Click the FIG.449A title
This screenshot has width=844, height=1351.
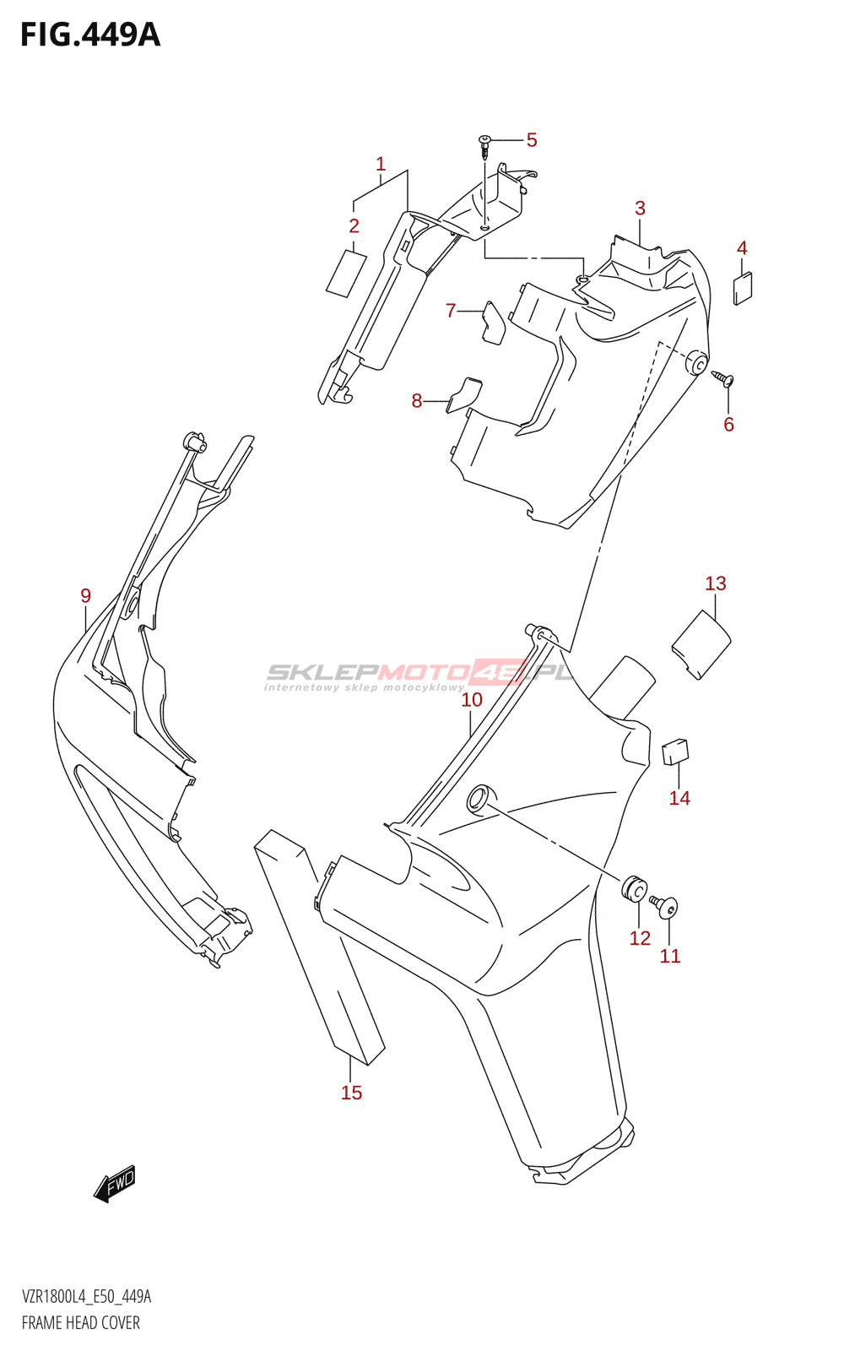[89, 35]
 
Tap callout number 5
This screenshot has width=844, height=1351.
[531, 140]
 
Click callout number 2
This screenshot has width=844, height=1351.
[354, 225]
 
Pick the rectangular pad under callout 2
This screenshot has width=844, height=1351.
[346, 273]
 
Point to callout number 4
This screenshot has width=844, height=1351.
[742, 248]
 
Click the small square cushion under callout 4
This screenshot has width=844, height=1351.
[744, 287]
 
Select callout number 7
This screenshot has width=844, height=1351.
[451, 311]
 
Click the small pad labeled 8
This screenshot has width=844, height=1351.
[464, 393]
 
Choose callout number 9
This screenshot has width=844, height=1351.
[85, 596]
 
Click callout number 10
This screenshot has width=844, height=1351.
[472, 700]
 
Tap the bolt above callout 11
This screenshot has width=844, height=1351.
[665, 906]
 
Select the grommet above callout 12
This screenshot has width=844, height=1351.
[636, 889]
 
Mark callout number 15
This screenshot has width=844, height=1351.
[351, 1093]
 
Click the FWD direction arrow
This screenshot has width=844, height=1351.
[115, 1184]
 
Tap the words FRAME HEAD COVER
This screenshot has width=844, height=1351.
[81, 1322]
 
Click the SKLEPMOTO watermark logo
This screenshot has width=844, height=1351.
[419, 674]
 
